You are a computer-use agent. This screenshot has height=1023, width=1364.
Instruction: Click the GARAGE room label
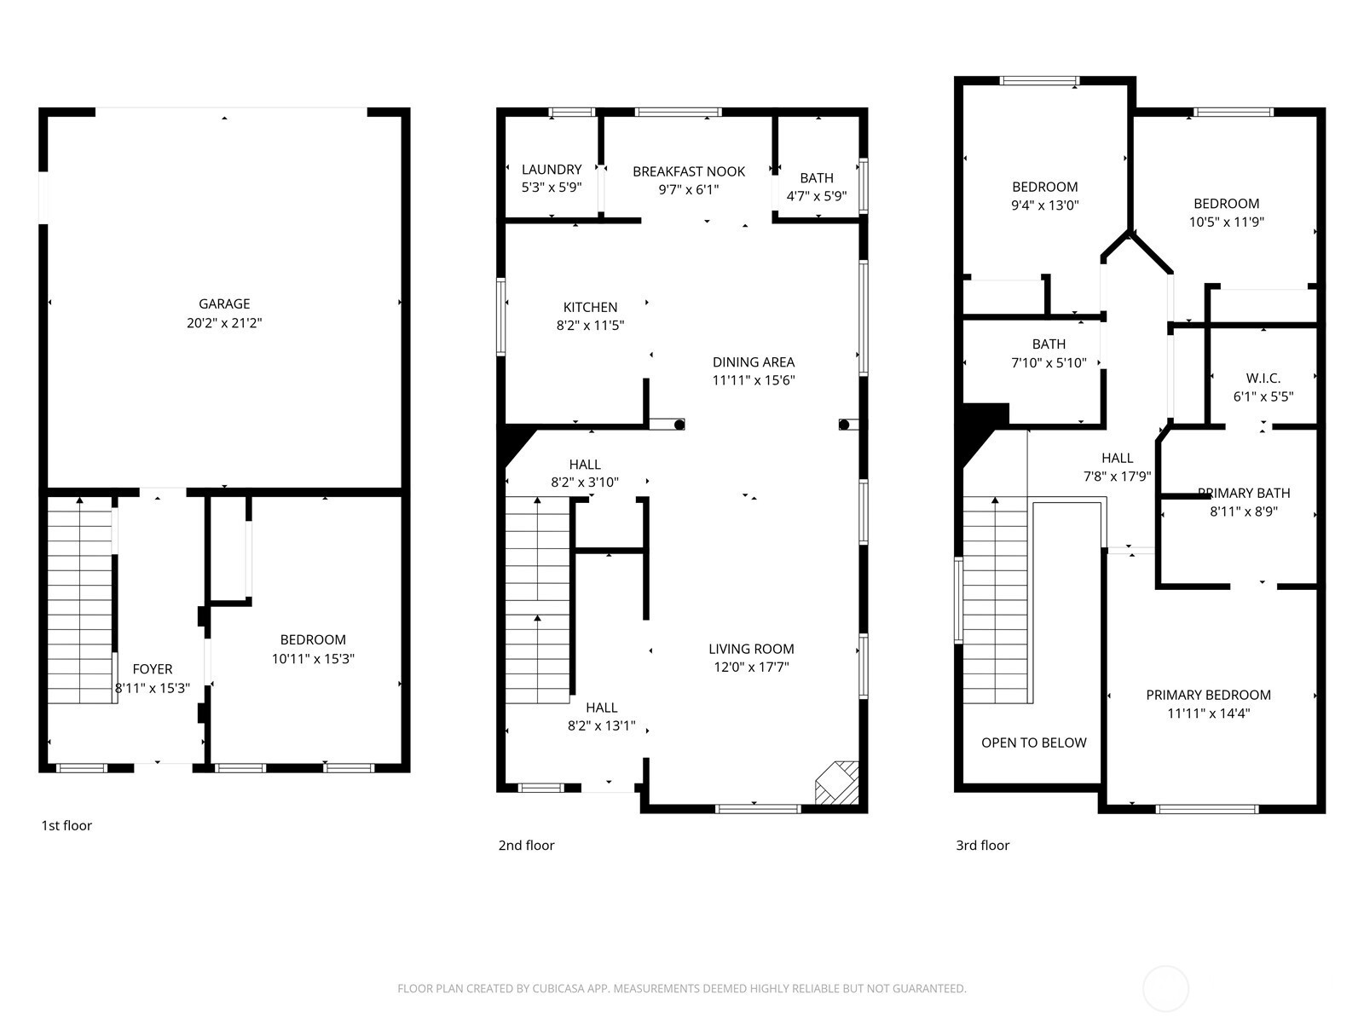pyautogui.click(x=224, y=303)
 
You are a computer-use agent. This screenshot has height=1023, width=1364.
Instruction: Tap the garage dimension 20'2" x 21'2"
pyautogui.click(x=224, y=323)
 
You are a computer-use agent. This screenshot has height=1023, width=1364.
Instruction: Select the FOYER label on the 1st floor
pyautogui.click(x=153, y=669)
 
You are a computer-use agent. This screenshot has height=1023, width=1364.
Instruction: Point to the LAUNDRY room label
pyautogui.click(x=552, y=170)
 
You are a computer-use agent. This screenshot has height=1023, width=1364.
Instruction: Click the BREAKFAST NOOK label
pyautogui.click(x=689, y=171)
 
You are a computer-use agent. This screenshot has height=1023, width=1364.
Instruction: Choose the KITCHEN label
pyautogui.click(x=590, y=307)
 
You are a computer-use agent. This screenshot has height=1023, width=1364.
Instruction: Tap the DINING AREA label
pyautogui.click(x=754, y=362)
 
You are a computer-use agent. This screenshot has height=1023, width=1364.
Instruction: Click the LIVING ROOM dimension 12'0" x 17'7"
pyautogui.click(x=751, y=668)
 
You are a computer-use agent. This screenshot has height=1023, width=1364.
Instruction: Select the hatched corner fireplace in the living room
pyautogui.click(x=837, y=783)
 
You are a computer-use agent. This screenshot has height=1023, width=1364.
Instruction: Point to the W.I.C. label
pyautogui.click(x=1263, y=379)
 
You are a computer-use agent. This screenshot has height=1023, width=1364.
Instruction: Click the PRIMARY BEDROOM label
pyautogui.click(x=1209, y=695)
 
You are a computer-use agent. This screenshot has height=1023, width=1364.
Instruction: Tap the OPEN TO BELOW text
pyautogui.click(x=1034, y=743)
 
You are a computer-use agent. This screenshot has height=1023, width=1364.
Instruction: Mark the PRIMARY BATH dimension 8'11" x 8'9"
pyautogui.click(x=1244, y=511)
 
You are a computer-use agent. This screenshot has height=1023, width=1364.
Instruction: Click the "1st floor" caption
pyautogui.click(x=66, y=825)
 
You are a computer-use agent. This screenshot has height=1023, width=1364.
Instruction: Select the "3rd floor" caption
pyautogui.click(x=982, y=846)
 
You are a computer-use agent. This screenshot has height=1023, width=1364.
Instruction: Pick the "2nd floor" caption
pyautogui.click(x=526, y=846)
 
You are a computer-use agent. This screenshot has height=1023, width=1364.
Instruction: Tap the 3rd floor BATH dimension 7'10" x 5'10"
pyautogui.click(x=1049, y=363)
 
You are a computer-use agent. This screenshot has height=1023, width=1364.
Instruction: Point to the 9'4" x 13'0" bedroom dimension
pyautogui.click(x=1045, y=205)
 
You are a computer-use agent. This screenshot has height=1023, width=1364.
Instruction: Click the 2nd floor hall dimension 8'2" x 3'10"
pyautogui.click(x=585, y=483)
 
